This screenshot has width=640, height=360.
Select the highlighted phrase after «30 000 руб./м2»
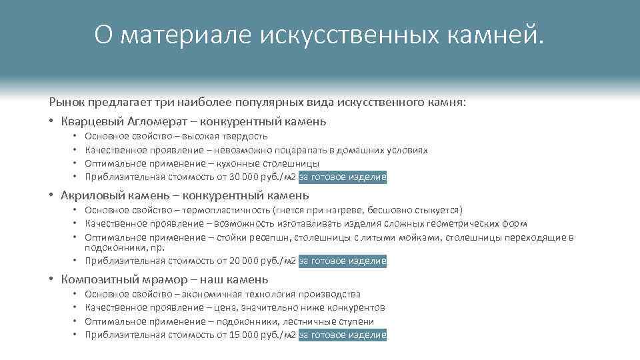(x=343, y=177)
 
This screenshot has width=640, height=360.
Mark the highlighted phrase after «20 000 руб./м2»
(x=343, y=261)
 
